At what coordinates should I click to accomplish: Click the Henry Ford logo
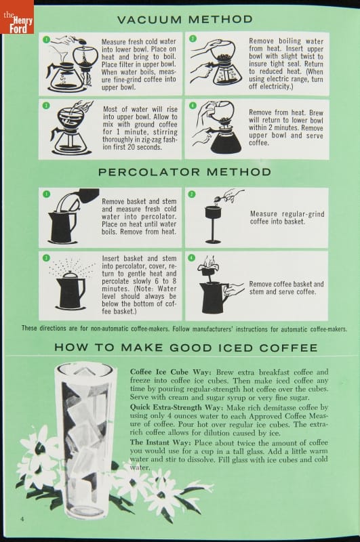(x=17, y=17)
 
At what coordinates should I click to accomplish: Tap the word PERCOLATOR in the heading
(x=149, y=172)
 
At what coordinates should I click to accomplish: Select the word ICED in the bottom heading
(x=235, y=348)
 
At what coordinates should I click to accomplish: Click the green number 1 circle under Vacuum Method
(x=46, y=39)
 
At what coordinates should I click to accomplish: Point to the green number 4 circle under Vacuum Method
(x=193, y=106)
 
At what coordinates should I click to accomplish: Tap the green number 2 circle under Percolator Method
(x=192, y=194)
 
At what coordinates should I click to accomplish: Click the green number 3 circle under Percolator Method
(x=46, y=258)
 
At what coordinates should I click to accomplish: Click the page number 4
(x=22, y=519)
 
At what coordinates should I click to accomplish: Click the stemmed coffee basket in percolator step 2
(x=213, y=224)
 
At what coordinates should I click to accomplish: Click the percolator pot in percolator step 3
(x=71, y=290)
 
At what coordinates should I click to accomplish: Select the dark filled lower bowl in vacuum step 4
(x=226, y=141)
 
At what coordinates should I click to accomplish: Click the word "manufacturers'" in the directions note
(x=213, y=329)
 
